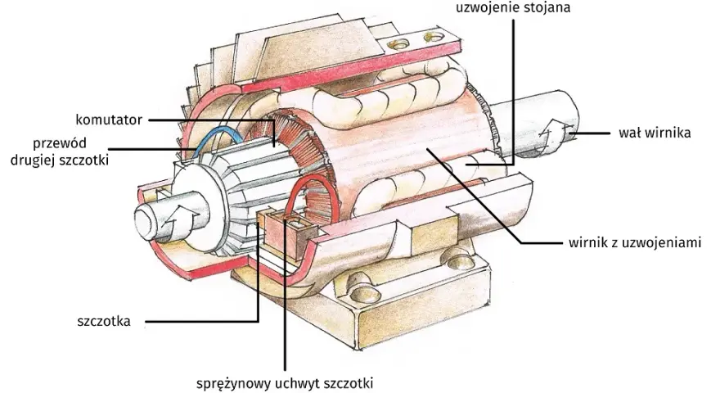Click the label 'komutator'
click(x=109, y=120)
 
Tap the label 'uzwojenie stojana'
click(x=513, y=7)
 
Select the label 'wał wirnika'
click(x=655, y=133)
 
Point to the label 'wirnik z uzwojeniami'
click(x=635, y=242)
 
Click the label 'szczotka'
click(x=104, y=321)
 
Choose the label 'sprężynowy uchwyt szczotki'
click(x=285, y=383)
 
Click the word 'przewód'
click(x=60, y=143)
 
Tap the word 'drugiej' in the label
click(x=33, y=160)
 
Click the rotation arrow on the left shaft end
click(x=176, y=219)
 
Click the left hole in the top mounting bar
click(x=398, y=44)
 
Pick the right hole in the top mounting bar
click(x=434, y=35)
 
